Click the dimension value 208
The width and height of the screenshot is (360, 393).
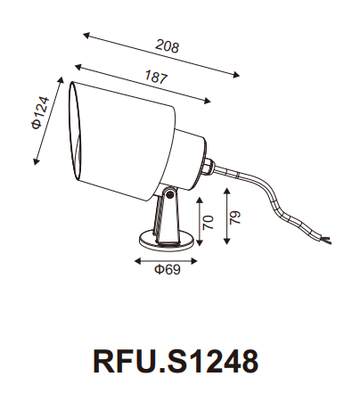tap(167, 46)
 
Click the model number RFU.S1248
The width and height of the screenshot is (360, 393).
tap(176, 360)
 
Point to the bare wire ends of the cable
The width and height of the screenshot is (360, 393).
tap(328, 238)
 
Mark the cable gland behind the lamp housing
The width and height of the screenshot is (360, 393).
tap(208, 165)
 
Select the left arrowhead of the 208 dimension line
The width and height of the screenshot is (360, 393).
tap(86, 35)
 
